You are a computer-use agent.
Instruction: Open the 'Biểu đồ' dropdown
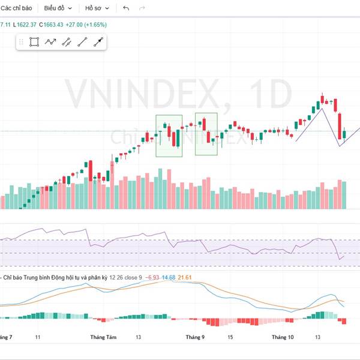click(x=58, y=8)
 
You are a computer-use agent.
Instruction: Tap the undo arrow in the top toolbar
click(x=126, y=8)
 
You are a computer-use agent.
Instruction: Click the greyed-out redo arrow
click(x=142, y=8)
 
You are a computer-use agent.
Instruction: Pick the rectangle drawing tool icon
click(x=35, y=42)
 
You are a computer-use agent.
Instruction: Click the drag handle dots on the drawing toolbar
click(x=22, y=42)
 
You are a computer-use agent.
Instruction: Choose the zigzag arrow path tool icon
click(x=50, y=42)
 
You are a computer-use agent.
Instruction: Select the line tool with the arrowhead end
click(x=98, y=42)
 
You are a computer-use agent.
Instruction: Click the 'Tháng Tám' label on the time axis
click(x=103, y=338)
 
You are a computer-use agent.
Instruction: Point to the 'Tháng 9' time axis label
click(x=196, y=338)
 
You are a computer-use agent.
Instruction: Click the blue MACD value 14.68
click(x=169, y=277)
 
